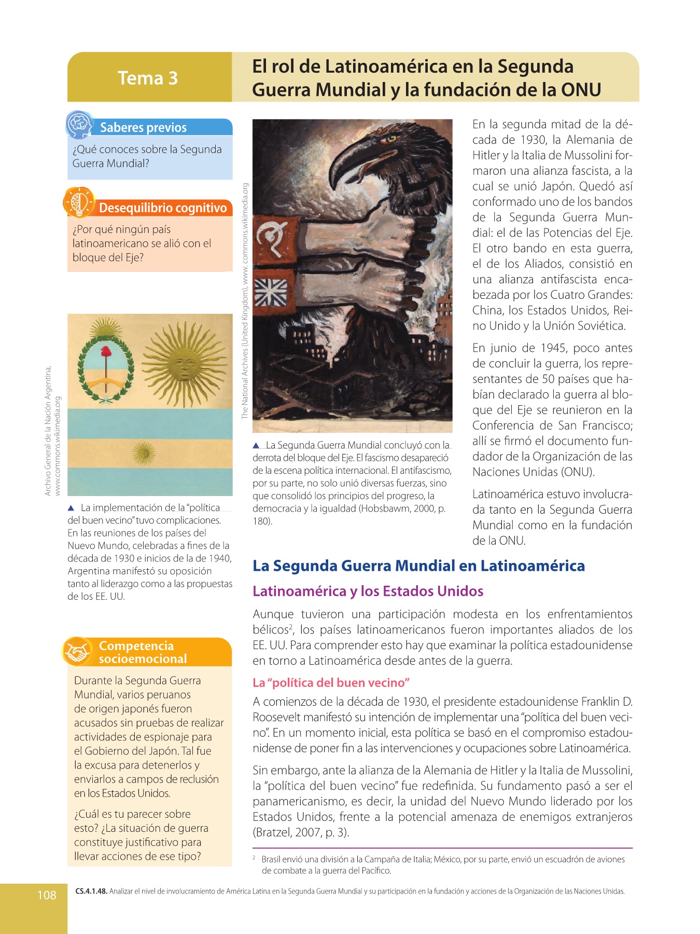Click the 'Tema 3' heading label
point(148,78)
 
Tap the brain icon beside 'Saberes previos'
point(79,125)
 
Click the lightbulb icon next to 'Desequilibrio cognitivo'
point(79,202)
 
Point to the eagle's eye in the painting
point(391,139)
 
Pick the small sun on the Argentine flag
point(144,453)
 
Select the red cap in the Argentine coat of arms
point(106,352)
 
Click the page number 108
point(47,895)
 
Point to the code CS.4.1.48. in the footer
point(91,891)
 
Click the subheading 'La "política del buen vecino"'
point(331,683)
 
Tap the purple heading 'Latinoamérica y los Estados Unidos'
point(368,591)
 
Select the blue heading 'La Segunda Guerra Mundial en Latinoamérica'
point(418,566)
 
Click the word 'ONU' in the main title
point(581,90)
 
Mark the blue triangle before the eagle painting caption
point(256,445)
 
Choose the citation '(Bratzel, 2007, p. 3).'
point(301,832)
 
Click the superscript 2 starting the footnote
point(254,857)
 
